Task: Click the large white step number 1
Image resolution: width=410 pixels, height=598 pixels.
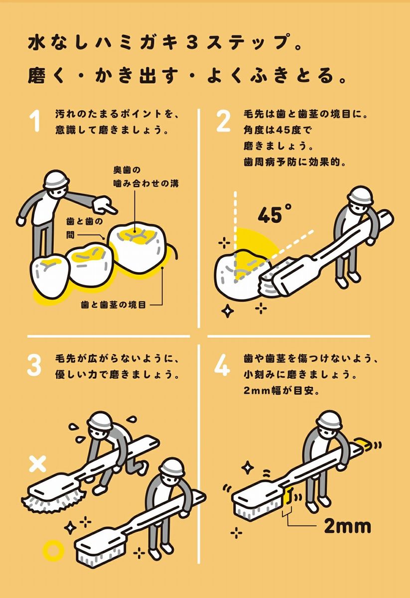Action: (35, 122)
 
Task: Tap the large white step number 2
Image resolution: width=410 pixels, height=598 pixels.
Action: (223, 122)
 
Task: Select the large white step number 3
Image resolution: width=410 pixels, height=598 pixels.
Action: (34, 365)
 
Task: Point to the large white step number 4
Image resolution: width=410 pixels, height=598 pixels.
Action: (222, 365)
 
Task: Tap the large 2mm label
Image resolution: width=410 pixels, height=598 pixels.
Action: (348, 534)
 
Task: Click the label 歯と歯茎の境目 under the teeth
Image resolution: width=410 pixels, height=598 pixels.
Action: (114, 304)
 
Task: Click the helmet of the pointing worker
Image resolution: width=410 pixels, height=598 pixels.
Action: (57, 179)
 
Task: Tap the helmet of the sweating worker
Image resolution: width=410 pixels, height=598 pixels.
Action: (99, 422)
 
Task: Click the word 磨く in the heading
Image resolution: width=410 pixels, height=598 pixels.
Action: (45, 76)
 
